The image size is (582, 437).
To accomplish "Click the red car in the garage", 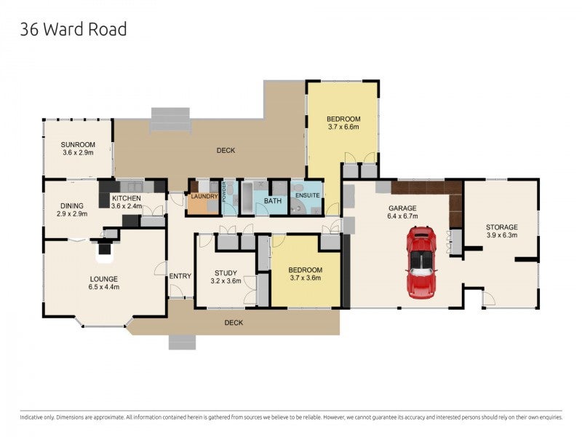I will point(421,262).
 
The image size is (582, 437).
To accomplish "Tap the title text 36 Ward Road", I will point(73,29).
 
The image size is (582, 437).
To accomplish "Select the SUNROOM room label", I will point(77,144).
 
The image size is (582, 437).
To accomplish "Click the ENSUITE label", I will point(306,196).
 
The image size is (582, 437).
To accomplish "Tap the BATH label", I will point(272,201).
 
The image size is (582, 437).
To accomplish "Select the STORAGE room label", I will point(501,227).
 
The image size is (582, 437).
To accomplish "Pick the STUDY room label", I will point(225,272).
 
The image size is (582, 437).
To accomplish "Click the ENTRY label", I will point(180,276).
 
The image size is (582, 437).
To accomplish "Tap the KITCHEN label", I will point(126,198).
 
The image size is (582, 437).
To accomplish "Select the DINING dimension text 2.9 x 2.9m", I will point(71,214).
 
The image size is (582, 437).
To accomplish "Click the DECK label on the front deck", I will point(234,322).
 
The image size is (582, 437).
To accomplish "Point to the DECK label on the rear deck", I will point(226,151).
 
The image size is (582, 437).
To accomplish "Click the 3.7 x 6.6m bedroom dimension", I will point(343,127).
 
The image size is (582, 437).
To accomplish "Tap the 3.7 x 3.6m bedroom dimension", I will point(306,278).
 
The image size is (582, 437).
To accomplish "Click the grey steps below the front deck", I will point(182,342).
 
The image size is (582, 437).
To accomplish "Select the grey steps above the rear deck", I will point(170,119).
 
